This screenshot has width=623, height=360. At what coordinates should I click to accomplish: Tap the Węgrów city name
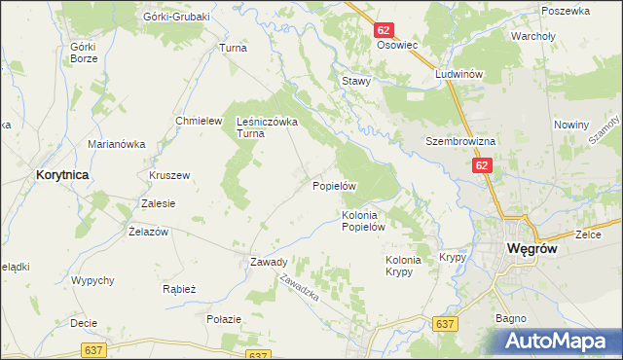532,249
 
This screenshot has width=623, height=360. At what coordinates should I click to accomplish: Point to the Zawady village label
268,262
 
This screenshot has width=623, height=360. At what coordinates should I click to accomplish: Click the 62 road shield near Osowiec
384,31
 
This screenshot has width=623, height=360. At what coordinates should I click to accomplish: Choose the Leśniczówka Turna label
267,127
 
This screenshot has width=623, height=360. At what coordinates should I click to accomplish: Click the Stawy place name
355,82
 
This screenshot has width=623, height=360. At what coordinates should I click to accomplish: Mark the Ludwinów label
460,74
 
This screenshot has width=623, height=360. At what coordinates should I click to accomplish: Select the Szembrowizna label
460,141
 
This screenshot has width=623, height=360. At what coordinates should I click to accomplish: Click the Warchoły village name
532,37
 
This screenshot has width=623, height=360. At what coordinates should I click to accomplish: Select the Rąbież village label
180,289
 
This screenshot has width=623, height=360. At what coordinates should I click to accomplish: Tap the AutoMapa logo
562,341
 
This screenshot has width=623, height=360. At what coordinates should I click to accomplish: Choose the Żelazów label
149,232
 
